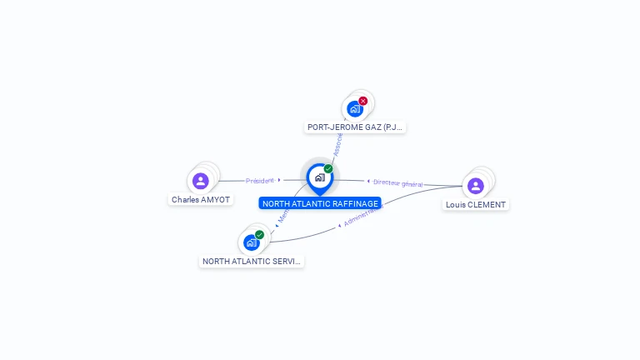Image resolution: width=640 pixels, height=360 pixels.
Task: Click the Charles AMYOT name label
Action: click(200, 200)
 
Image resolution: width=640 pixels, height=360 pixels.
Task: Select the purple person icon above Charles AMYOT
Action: click(200, 181)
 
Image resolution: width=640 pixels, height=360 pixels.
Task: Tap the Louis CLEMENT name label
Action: click(475, 205)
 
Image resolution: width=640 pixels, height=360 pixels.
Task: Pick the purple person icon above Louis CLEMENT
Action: click(476, 186)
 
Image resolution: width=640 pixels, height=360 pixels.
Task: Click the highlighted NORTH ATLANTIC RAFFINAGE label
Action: click(320, 203)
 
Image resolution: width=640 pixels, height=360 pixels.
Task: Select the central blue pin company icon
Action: click(319, 177)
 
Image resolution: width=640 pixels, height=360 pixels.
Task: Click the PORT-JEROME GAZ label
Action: click(355, 127)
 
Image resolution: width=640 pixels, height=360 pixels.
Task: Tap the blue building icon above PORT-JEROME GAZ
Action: click(355, 109)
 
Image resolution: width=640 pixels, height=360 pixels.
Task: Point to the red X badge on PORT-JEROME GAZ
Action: click(363, 101)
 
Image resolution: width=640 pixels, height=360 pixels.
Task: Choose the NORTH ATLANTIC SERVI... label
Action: click(252, 262)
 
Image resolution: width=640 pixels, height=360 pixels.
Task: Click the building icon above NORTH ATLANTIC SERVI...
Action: click(251, 242)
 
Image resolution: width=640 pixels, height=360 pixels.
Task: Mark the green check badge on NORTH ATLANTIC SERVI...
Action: click(260, 235)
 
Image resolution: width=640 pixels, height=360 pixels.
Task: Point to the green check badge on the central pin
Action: click(328, 169)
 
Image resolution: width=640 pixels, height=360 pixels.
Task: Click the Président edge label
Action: click(259, 180)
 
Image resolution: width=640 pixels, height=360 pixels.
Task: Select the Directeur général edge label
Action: click(398, 182)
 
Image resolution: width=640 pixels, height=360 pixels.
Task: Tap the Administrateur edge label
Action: click(363, 217)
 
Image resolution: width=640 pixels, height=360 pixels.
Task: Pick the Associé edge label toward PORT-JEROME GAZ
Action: click(337, 143)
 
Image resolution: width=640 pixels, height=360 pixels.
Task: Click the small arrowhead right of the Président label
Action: click(279, 179)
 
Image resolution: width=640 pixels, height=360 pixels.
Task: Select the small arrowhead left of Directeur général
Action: click(368, 181)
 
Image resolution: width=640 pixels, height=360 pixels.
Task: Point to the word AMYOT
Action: click(216, 200)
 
